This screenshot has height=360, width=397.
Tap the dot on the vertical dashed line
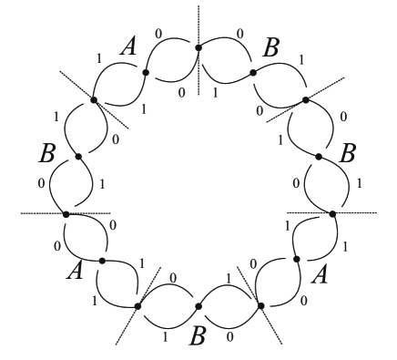(x=198, y=47)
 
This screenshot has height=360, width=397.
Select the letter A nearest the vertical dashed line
(x=128, y=48)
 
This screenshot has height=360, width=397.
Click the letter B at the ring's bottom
(x=195, y=336)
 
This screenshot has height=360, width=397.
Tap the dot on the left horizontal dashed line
(x=66, y=213)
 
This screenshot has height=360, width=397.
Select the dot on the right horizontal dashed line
(x=331, y=213)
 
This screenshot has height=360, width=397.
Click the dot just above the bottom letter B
(x=198, y=305)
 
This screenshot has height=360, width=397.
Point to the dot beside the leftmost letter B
(x=78, y=157)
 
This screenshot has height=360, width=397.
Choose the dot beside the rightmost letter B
(x=318, y=157)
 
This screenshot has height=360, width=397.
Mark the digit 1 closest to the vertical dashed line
(x=215, y=91)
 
